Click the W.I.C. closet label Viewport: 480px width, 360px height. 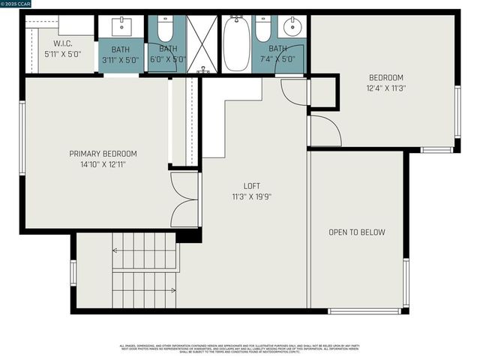coord(62,43)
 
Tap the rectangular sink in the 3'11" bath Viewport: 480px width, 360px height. coord(121,28)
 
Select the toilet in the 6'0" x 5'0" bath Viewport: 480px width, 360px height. coord(165,28)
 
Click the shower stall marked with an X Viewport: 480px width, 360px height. coord(201,43)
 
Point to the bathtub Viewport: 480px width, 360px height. coord(235,44)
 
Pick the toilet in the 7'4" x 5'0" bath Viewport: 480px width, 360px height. coord(262,28)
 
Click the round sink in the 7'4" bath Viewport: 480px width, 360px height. coord(291,28)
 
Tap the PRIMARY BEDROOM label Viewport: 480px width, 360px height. coord(103,154)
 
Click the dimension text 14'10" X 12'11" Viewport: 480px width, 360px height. coord(103,163)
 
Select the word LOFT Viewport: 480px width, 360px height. coord(252,186)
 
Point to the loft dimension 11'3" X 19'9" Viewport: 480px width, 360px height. coord(252,196)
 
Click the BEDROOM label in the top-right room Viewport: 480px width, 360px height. coord(386,77)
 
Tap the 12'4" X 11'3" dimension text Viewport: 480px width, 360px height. coord(386,88)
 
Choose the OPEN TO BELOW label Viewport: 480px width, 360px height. coord(357,232)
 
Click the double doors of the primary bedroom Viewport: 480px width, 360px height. coord(184,199)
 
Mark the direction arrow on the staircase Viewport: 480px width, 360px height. coord(173,289)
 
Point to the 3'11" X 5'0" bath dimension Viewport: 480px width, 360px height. coord(121,58)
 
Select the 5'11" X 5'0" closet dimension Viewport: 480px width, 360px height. coord(62,53)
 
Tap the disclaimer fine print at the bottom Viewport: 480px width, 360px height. coord(239,349)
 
